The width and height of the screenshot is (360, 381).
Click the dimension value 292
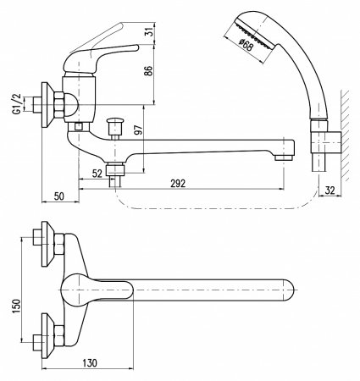click(x=178, y=183)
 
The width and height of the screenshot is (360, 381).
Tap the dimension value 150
click(x=16, y=306)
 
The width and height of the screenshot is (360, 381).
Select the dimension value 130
click(x=89, y=362)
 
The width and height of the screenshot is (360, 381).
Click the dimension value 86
click(x=148, y=70)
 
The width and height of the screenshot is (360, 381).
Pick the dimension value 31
click(x=149, y=31)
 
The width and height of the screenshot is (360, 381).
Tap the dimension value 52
click(x=97, y=174)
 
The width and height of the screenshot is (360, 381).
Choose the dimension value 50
click(x=59, y=196)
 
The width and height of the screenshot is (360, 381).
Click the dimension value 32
click(x=330, y=190)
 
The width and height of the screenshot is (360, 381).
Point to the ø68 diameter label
click(x=245, y=45)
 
